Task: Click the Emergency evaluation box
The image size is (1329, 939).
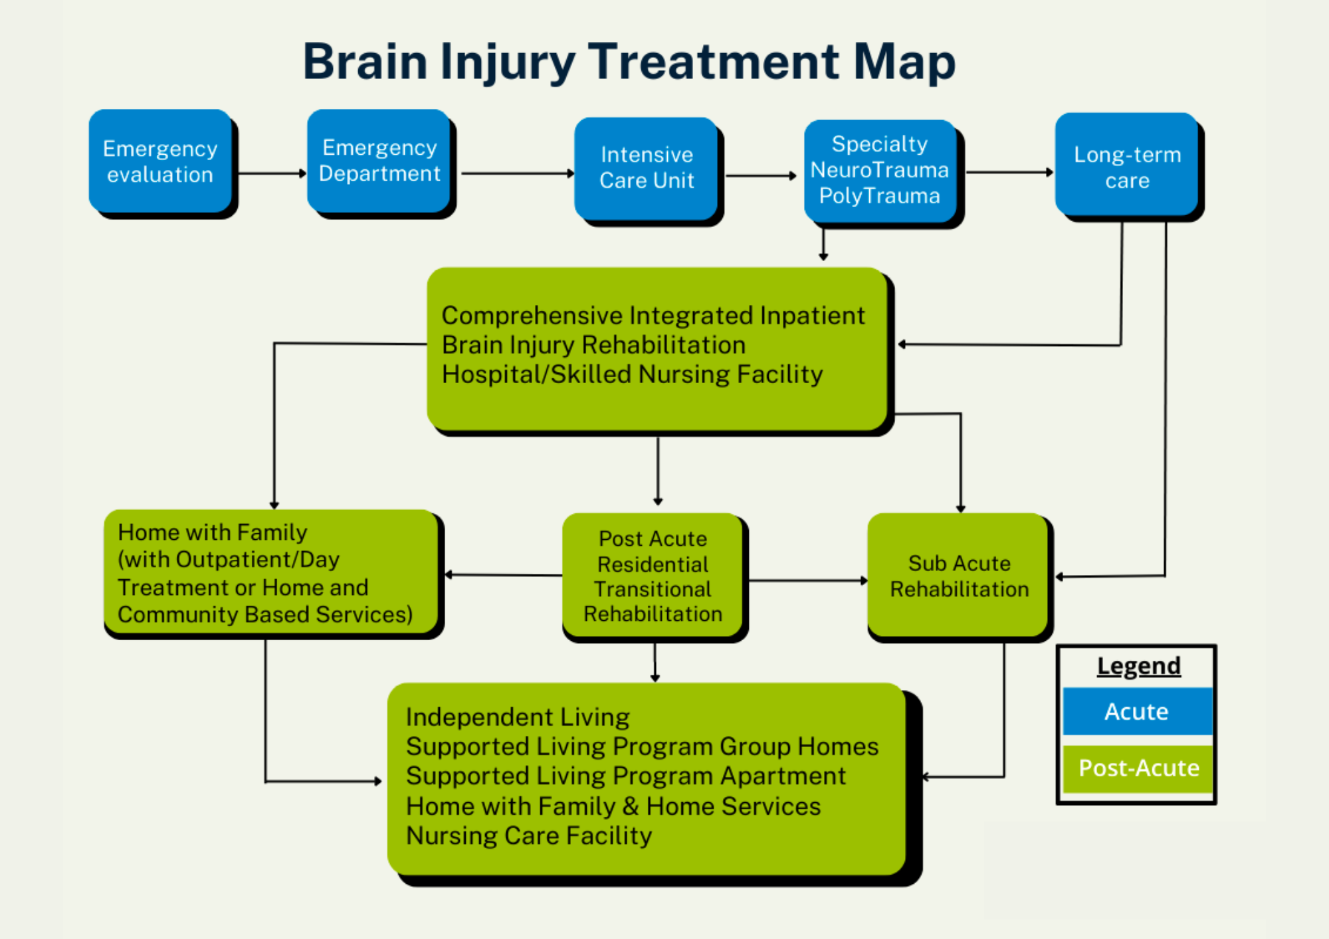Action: point(160,161)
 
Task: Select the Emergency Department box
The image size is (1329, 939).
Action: point(379,161)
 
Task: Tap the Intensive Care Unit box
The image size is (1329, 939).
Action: point(647,168)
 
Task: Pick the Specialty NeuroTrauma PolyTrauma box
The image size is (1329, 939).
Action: point(879,170)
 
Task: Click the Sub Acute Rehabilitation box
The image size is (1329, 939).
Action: point(959,576)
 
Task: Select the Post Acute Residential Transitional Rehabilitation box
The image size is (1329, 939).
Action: point(653,576)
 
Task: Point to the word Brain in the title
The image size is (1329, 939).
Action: point(365,62)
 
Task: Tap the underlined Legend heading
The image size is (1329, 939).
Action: point(1138,666)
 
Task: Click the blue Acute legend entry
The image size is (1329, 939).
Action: point(1137,711)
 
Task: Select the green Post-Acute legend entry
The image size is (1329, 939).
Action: point(1138,768)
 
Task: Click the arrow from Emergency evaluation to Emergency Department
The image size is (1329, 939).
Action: point(271,173)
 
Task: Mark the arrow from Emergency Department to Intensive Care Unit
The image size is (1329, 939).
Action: point(517,173)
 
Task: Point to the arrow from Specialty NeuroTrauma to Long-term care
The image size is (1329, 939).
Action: point(1009,173)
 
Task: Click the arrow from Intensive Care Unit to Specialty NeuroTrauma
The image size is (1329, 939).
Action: point(760,176)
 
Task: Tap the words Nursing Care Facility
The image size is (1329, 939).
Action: point(529,835)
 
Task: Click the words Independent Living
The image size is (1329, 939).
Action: point(518,717)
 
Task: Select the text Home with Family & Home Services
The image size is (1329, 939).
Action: point(613,806)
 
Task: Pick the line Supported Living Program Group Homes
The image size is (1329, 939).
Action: point(642,746)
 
